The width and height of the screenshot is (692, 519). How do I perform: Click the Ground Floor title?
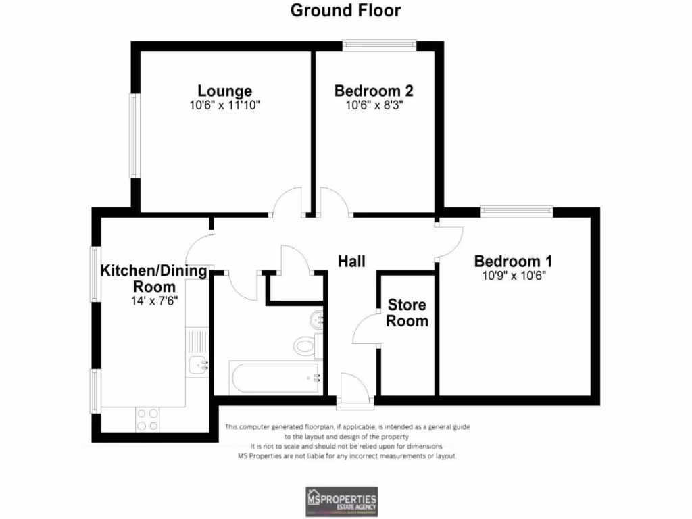(345, 11)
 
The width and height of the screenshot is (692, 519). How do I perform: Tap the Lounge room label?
(224, 91)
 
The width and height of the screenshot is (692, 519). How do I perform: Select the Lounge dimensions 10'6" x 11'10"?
(224, 105)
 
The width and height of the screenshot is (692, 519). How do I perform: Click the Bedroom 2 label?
(374, 91)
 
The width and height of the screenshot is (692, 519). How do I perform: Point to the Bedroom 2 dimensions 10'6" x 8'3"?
(374, 105)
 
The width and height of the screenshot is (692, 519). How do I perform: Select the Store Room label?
(407, 313)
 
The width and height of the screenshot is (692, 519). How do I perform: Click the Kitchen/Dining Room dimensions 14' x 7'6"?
(154, 301)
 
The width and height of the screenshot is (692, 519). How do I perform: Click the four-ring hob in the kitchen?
(148, 420)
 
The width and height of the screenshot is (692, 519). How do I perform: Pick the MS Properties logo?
(341, 502)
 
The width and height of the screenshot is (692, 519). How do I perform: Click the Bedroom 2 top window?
(378, 46)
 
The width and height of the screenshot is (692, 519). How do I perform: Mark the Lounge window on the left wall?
(134, 136)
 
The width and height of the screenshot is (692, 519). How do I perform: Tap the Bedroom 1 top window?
(517, 212)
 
